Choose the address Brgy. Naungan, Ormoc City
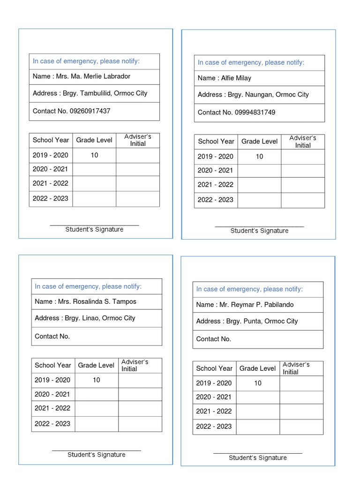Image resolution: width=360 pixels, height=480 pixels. (268, 95)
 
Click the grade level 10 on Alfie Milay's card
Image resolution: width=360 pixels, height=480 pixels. (259, 157)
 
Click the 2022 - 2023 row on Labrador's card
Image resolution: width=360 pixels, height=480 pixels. (51, 198)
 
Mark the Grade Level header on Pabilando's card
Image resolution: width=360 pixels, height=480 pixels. (257, 368)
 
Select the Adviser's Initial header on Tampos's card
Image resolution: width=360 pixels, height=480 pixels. (135, 365)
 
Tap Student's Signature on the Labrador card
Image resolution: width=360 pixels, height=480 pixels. (94, 230)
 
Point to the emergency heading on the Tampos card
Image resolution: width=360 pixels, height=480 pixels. (88, 286)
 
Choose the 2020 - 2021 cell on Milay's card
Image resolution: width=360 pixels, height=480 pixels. (215, 171)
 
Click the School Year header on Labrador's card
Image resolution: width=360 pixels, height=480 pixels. (51, 140)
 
